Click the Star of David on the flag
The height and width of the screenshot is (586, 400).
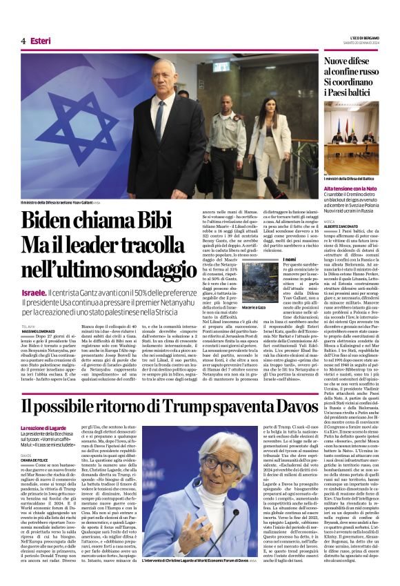tap(68, 130)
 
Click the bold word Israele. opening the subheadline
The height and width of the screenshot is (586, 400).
tap(34, 293)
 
